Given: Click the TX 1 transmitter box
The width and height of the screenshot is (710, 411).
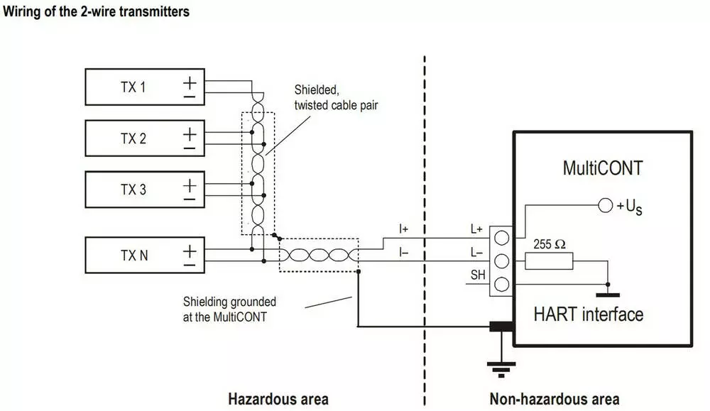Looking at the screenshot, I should (x=144, y=87).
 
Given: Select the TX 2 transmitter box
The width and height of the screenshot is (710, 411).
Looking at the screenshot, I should (x=144, y=138).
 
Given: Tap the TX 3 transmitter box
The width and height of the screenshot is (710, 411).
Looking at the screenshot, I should (x=144, y=190).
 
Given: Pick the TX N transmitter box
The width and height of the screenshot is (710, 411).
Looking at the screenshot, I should (x=144, y=255).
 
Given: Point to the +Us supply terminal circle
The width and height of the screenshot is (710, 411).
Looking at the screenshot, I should (x=605, y=206).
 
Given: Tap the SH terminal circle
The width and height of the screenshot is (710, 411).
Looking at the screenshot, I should (x=501, y=285).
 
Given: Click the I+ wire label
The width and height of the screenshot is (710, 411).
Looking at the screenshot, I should (x=404, y=229).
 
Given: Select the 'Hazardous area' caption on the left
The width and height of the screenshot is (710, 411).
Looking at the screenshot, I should (x=278, y=398).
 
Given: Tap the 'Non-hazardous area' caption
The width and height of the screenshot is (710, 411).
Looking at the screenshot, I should (x=554, y=398).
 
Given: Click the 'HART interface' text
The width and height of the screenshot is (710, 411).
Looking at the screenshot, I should (x=589, y=314).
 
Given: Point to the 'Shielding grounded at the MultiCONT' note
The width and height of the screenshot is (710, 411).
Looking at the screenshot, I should (x=229, y=309).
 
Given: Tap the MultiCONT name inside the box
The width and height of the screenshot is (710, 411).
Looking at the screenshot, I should (x=602, y=168).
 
